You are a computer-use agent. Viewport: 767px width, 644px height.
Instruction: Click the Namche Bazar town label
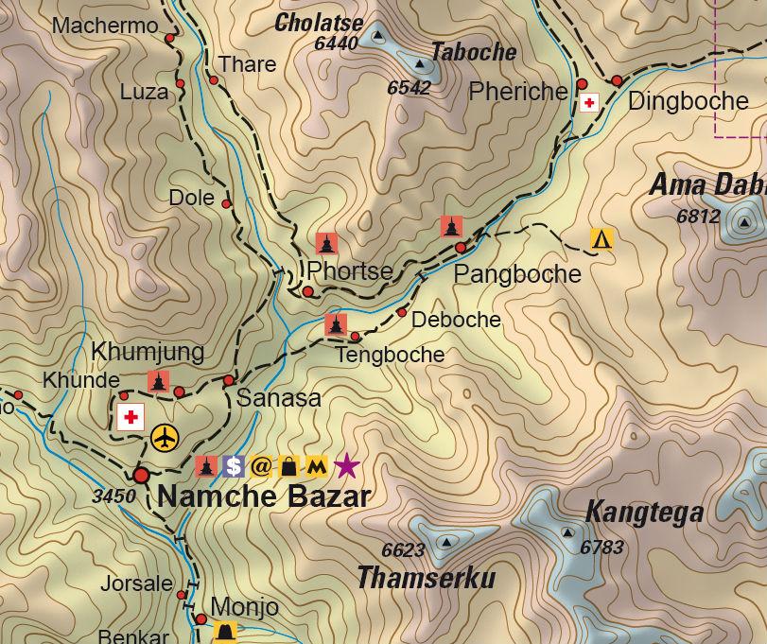point(263,496)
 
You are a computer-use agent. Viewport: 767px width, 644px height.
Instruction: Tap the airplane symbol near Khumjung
point(165,438)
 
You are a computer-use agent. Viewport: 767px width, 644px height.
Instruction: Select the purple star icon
point(347,465)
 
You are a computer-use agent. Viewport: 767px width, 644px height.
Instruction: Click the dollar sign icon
point(234,466)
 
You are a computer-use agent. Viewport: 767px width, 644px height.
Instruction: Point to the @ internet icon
point(261,466)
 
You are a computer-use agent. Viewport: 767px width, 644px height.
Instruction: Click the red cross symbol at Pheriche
point(589,102)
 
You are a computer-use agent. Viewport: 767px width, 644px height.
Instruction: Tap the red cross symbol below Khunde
point(131,417)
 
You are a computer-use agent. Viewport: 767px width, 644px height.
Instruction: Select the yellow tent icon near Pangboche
point(601,239)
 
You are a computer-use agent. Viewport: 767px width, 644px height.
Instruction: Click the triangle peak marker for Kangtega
point(567,532)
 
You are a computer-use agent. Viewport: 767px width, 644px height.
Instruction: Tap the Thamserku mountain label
point(426,577)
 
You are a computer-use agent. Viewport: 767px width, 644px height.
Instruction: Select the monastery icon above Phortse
point(327,244)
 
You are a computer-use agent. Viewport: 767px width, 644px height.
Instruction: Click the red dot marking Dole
point(226,203)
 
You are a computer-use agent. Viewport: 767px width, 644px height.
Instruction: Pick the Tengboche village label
point(390,356)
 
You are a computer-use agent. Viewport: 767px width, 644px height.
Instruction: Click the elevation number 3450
point(113,496)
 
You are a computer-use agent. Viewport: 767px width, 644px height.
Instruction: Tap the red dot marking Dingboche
point(617,81)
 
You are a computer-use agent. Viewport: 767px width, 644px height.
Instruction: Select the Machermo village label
point(105,26)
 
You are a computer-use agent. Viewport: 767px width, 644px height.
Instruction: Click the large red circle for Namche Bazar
point(142,475)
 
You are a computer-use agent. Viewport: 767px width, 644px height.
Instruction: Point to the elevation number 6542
point(409,88)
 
